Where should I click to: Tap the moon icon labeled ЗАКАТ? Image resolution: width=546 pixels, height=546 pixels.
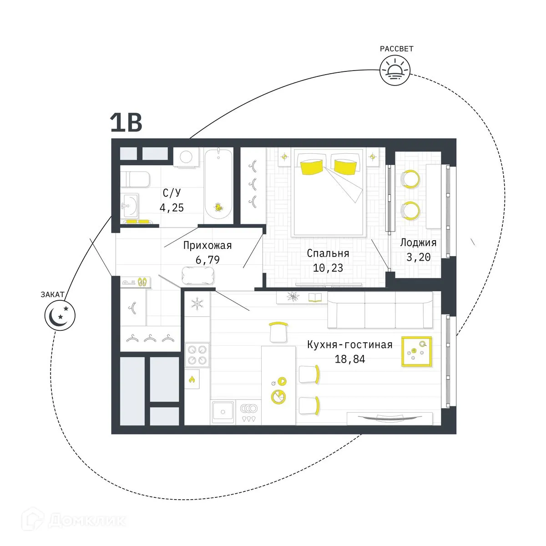[60, 314]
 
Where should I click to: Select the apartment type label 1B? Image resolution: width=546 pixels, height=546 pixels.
[126, 122]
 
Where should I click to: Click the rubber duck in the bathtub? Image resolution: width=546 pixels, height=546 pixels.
[219, 207]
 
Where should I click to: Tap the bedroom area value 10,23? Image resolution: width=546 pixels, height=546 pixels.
[328, 268]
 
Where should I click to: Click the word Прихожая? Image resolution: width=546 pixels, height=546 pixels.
[207, 246]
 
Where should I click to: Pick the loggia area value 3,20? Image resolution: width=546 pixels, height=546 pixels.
[418, 257]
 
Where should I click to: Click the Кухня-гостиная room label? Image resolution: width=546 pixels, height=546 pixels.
[349, 344]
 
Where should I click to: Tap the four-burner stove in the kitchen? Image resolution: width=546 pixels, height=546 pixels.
[197, 355]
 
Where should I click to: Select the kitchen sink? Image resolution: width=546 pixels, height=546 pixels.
[223, 412]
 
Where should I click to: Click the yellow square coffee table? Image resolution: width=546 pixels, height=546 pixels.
[416, 352]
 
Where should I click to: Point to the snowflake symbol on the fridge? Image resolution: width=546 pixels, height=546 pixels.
[197, 304]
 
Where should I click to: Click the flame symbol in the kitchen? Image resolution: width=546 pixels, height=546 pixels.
[192, 379]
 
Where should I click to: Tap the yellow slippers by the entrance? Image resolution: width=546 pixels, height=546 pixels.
[142, 282]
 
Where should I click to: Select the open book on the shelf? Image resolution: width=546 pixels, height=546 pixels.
[315, 298]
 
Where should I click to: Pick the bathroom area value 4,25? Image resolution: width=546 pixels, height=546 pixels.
[172, 208]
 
